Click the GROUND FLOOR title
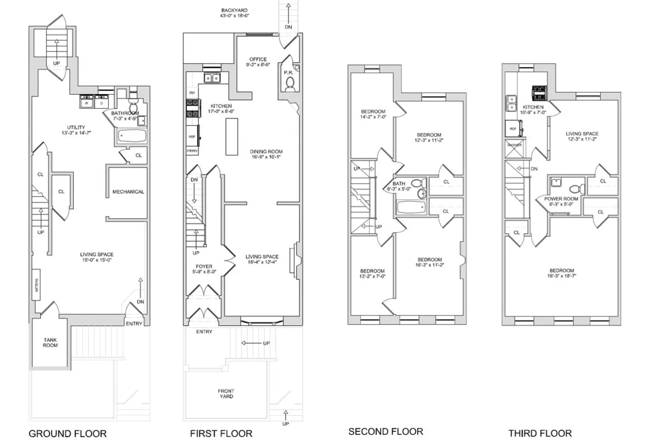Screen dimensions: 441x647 tap(67, 433)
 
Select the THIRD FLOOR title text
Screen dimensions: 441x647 tap(540, 433)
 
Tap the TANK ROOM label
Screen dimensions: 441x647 tap(50, 342)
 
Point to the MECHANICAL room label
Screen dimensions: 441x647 tap(128, 192)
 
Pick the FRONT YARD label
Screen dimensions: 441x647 tap(226, 394)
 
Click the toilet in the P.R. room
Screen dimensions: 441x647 tap(290, 83)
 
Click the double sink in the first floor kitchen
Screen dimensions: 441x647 tap(211, 79)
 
